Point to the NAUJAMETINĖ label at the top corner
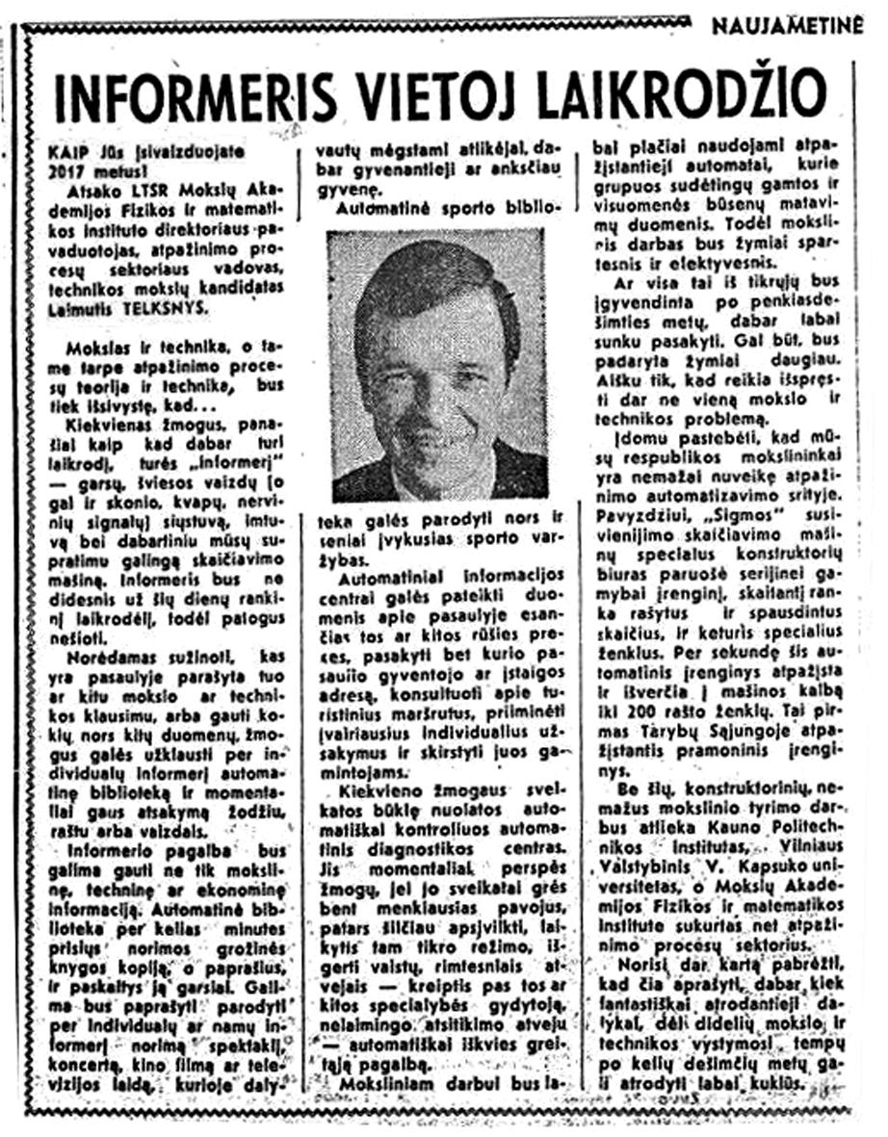click(x=788, y=26)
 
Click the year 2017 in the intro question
click(x=73, y=168)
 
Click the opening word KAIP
click(x=67, y=151)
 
